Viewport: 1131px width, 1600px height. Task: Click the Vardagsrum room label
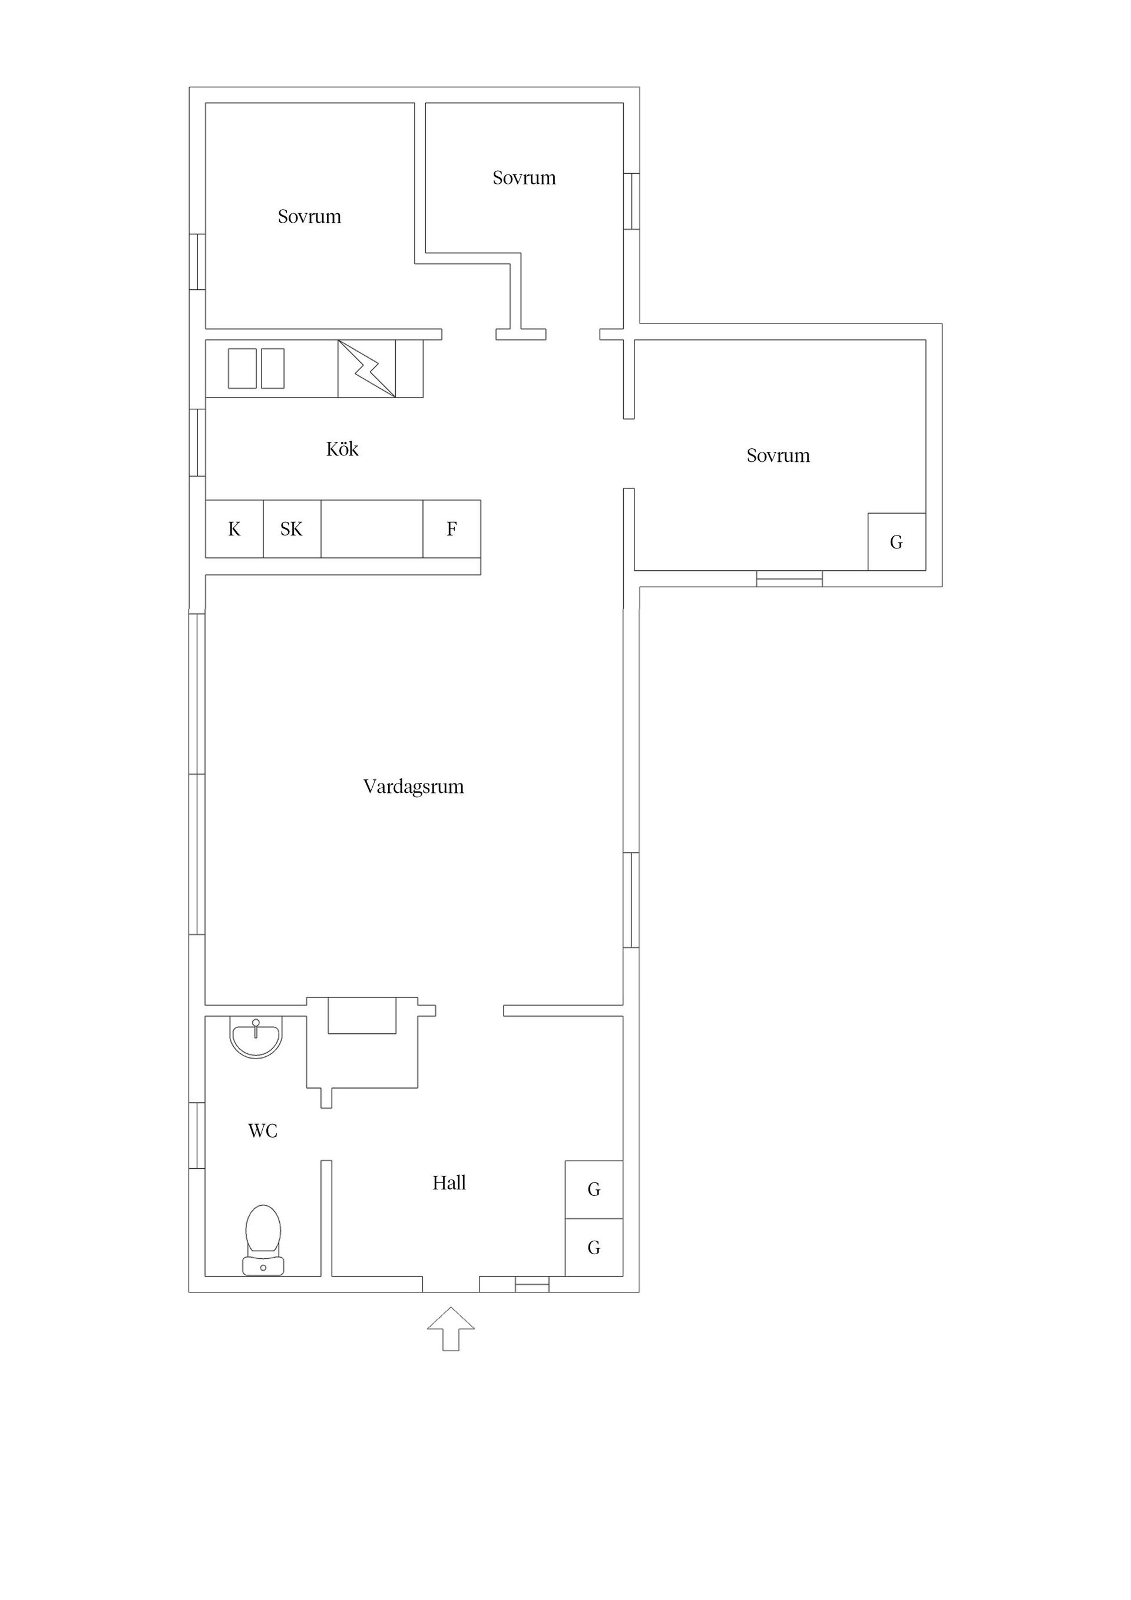coord(414,787)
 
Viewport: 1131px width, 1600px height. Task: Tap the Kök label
coord(342,449)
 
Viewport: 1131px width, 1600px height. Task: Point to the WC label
coord(263,1130)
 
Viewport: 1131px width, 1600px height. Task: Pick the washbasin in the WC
coord(256,1036)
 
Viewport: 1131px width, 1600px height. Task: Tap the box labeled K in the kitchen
coord(234,529)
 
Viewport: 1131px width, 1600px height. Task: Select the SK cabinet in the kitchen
coord(292,529)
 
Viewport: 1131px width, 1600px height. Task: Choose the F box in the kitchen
coord(452,529)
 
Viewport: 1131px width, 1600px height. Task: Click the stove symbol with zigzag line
coord(366,369)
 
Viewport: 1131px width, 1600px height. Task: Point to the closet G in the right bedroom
coord(897,542)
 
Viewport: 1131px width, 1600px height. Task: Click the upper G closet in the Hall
coord(594,1189)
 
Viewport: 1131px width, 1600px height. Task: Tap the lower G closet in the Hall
coord(594,1247)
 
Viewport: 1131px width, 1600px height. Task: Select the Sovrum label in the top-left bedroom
coord(309,217)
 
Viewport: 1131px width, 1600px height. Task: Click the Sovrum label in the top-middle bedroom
coord(524,178)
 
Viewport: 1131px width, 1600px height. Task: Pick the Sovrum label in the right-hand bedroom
coord(778,456)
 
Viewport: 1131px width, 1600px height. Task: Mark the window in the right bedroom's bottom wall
coord(789,578)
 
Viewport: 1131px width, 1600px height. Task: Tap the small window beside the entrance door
coord(533,1284)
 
